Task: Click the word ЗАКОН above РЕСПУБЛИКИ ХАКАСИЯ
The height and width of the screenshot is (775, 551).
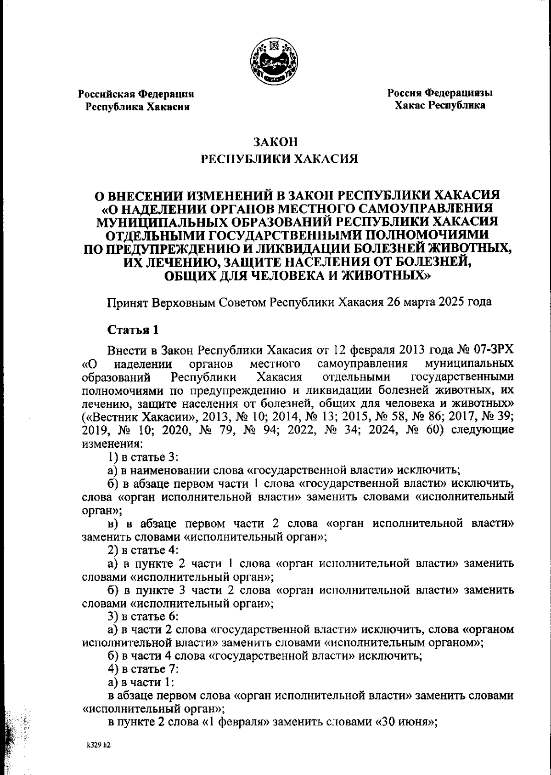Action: coord(275,142)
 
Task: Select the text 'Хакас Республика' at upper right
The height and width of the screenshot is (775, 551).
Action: coord(440,105)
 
